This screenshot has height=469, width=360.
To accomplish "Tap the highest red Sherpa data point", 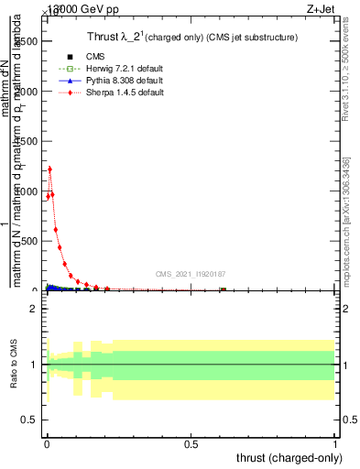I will (49, 169).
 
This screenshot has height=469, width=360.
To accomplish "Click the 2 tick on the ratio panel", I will (34, 310).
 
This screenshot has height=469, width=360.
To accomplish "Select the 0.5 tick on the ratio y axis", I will (29, 420).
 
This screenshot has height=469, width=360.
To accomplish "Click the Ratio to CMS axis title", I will (14, 365).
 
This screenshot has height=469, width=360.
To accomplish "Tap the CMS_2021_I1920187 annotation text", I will (190, 274).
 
